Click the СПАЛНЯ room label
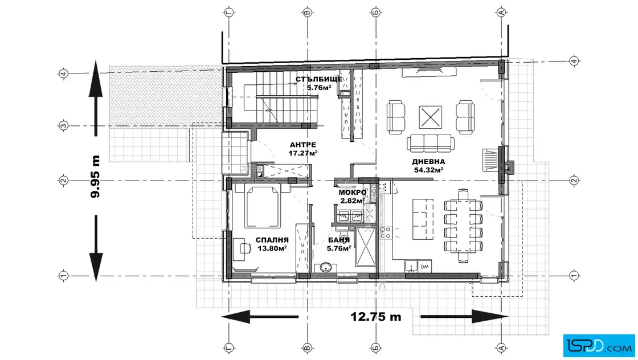point(272,240)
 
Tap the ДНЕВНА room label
point(428,162)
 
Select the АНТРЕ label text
point(302,145)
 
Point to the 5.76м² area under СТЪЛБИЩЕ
point(319,88)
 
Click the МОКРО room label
point(353,193)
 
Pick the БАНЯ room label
point(339,240)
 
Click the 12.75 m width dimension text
point(376,317)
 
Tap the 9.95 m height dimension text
point(95,177)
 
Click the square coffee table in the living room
point(430,117)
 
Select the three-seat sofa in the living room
point(431,143)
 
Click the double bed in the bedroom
point(263,206)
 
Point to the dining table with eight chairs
point(463,226)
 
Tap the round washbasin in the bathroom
point(325,268)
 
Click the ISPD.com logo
point(599,346)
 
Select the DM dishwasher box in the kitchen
point(424,267)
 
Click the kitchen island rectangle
point(423,219)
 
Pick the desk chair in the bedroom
point(244,248)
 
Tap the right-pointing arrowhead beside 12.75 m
point(490,317)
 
